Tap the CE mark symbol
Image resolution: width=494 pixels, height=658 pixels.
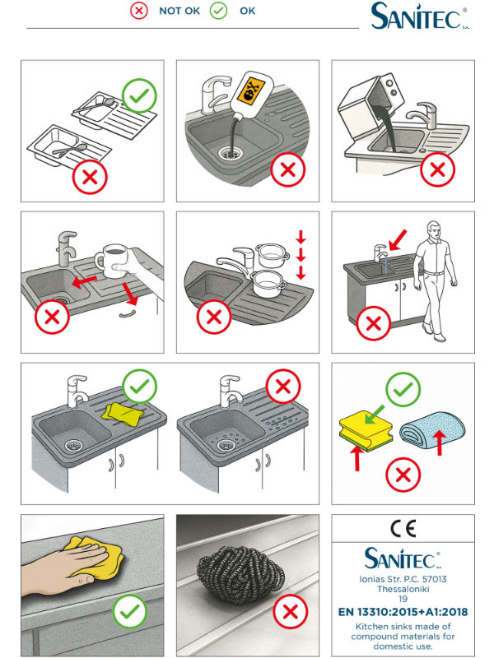pyautogui.click(x=403, y=529)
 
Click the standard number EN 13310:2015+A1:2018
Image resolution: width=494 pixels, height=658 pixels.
pyautogui.click(x=403, y=612)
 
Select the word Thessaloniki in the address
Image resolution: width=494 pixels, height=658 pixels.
pyautogui.click(x=403, y=589)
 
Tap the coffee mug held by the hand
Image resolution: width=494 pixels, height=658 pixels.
pyautogui.click(x=112, y=261)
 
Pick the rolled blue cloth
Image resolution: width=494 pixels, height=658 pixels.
pyautogui.click(x=432, y=429)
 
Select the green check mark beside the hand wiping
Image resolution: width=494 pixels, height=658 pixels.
pyautogui.click(x=130, y=611)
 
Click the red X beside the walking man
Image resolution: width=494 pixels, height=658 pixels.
pyautogui.click(x=374, y=323)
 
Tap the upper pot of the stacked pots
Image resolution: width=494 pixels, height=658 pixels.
pyautogui.click(x=273, y=255)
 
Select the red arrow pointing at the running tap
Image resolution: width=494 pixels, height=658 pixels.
pyautogui.click(x=398, y=240)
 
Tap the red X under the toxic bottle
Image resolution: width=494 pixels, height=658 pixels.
pyautogui.click(x=287, y=169)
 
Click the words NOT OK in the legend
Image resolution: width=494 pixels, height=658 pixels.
pyautogui.click(x=179, y=11)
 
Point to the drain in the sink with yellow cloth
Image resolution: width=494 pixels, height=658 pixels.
pyautogui.click(x=73, y=445)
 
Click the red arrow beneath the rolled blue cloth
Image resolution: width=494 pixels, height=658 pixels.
pyautogui.click(x=440, y=443)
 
